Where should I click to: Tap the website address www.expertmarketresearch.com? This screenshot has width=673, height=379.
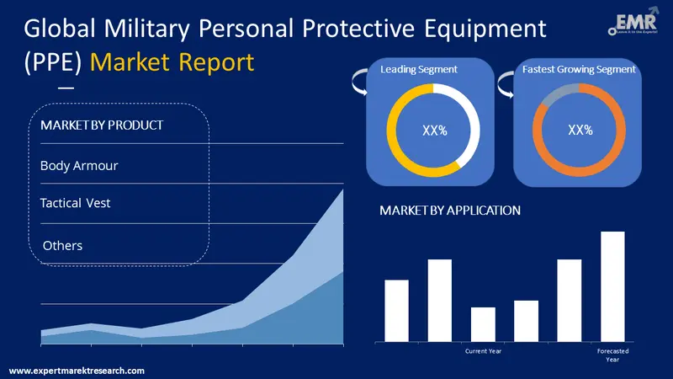tap(77, 371)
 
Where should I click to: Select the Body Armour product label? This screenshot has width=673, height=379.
tap(79, 166)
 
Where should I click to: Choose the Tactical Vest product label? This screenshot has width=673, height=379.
tap(76, 203)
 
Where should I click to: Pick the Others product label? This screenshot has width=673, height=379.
tap(62, 245)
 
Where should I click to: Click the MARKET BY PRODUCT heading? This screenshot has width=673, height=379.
tap(102, 125)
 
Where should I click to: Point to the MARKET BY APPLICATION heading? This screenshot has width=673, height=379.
tap(450, 211)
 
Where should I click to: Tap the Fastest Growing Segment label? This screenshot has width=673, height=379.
tap(580, 69)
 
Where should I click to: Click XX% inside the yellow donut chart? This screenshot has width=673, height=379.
tap(434, 131)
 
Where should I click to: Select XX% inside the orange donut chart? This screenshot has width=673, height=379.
tap(580, 131)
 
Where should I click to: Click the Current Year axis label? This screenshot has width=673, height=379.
tap(483, 351)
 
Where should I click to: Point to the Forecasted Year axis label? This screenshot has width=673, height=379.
tap(612, 355)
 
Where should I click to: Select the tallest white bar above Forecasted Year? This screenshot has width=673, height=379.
tap(612, 286)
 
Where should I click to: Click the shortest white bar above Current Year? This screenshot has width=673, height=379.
tap(483, 324)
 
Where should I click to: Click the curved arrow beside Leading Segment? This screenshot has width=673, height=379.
tap(357, 83)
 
